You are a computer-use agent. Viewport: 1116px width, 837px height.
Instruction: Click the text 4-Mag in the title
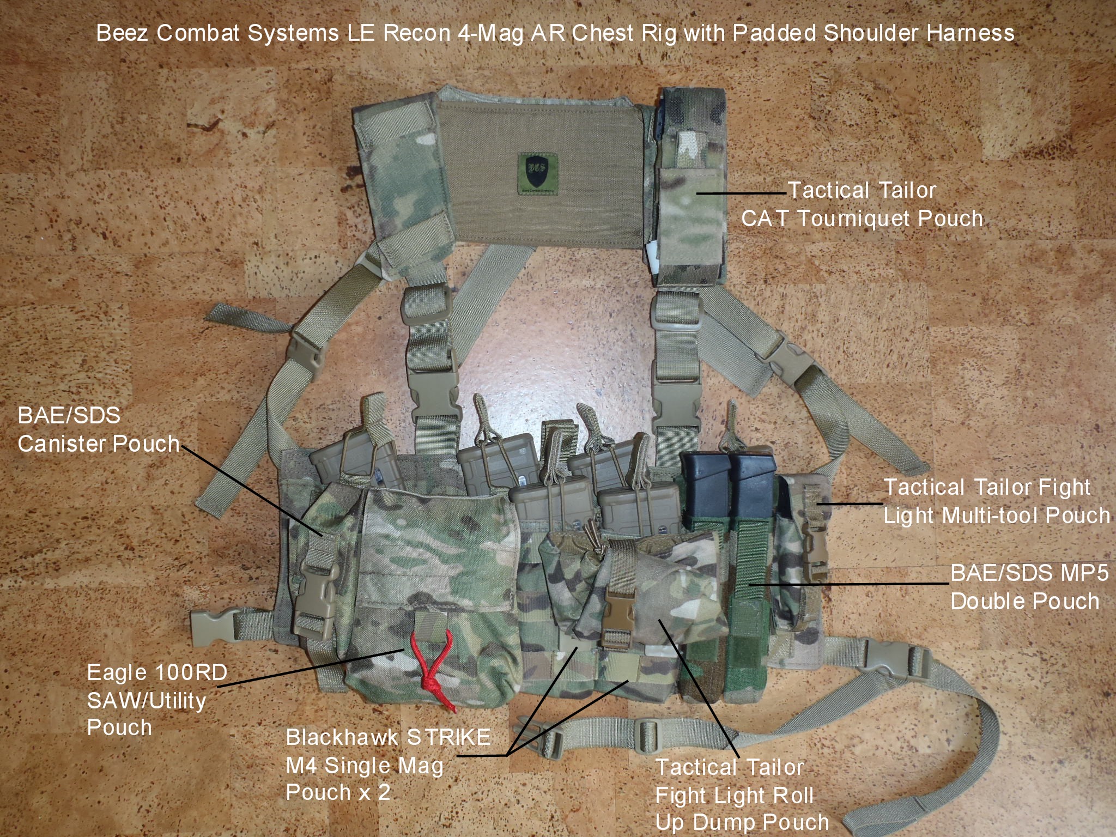tap(491, 34)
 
